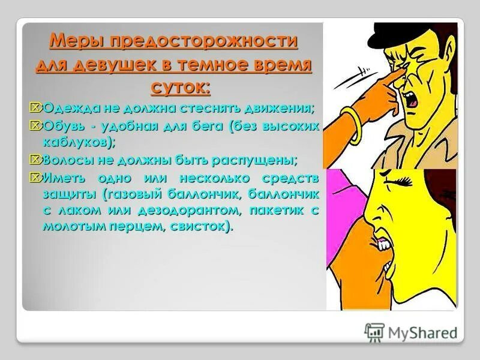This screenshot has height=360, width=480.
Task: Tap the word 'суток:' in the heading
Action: coord(179,88)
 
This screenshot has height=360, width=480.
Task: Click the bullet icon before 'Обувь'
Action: coord(37,125)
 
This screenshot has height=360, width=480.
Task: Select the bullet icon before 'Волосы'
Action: coord(37,160)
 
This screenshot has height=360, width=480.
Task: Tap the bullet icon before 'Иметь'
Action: coord(37,178)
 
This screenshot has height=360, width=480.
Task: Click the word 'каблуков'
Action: coord(77,142)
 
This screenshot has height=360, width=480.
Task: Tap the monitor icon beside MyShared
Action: coord(374,332)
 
